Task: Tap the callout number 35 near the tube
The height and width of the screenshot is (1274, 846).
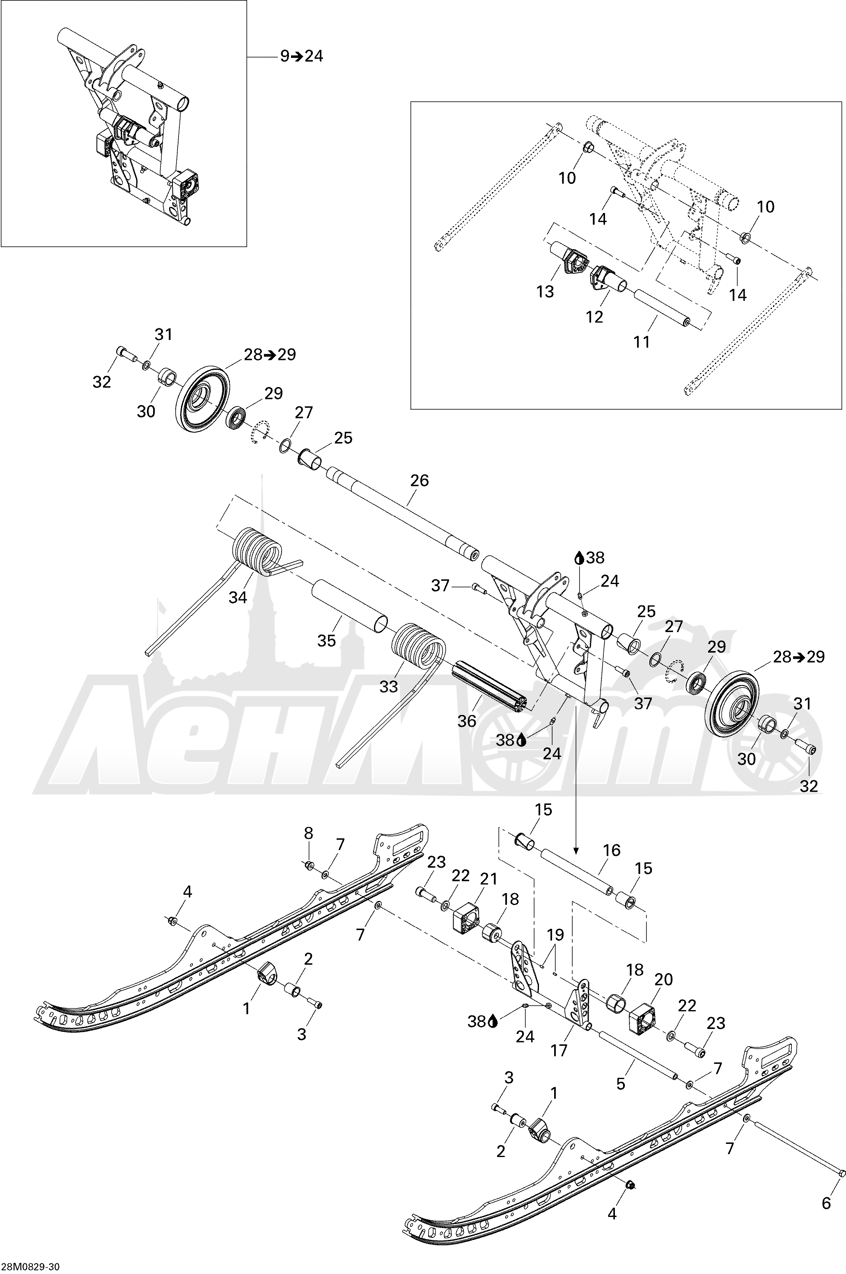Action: pos(326,640)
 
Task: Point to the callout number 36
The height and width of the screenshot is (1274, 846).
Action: pos(467,721)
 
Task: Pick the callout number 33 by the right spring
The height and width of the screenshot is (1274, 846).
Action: pos(388,687)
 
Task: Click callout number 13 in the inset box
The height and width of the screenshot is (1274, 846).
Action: pos(546,291)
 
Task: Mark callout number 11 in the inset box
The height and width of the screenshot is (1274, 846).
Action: pos(642,342)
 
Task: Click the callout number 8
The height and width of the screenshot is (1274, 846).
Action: pos(308,833)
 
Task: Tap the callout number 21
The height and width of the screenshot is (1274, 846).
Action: pos(488,879)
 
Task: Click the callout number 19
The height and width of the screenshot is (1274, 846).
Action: pos(555,935)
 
